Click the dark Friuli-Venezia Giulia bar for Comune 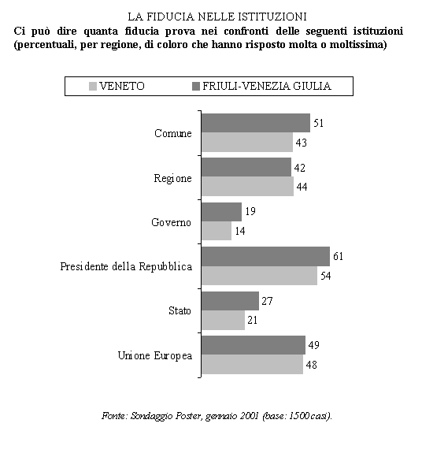click(256, 123)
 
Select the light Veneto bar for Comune click(247, 142)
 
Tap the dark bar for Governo click(222, 212)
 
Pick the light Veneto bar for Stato click(223, 320)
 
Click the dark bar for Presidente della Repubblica click(265, 256)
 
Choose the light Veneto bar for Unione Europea click(252, 364)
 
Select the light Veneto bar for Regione click(248, 187)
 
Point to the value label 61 click(338, 256)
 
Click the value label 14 click(240, 231)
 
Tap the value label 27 click(267, 301)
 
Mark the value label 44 click(302, 187)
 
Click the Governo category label click(171, 222)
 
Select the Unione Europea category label click(155, 355)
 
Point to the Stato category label click(180, 310)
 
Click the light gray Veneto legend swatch click(93, 87)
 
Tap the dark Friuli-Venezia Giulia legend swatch click(196, 87)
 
